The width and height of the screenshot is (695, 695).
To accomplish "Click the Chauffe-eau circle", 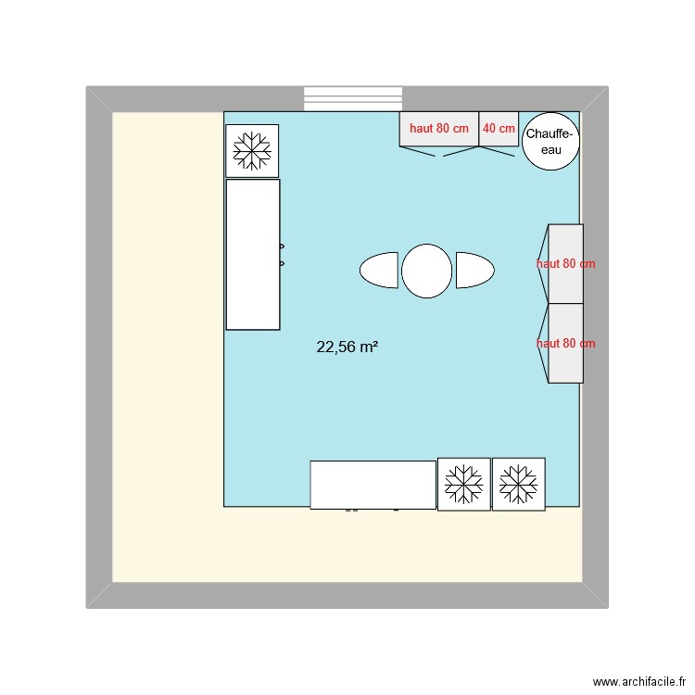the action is coord(550,142).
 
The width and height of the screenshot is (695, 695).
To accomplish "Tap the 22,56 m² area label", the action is coord(347,347).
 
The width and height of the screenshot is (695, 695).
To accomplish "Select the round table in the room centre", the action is coord(426,271).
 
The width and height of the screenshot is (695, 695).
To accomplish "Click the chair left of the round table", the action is coord(379,270).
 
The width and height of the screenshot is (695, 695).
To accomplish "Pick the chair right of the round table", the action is coord(474,270).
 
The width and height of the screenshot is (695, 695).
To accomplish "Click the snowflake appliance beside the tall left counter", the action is coord(252,151).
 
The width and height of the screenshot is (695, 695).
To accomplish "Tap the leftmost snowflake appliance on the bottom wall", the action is coord(464,484).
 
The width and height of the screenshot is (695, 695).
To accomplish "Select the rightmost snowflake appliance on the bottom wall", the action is coord(519,484).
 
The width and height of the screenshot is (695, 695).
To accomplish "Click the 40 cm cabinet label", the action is coord(499,129).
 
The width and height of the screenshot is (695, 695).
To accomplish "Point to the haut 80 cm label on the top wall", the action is coord(439,129).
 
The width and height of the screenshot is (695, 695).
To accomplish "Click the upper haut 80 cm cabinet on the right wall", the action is coord(565,264).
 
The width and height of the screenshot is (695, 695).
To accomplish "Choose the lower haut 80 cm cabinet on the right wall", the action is coord(565,343).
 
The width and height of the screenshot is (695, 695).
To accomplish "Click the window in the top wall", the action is coord(353,99).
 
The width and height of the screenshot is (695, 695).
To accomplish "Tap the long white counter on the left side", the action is coord(253,255).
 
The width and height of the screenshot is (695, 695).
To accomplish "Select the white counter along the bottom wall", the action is coord(373,485).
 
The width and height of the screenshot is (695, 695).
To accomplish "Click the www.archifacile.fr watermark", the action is coord(639,681).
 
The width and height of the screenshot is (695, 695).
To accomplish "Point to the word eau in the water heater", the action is coord(551,150).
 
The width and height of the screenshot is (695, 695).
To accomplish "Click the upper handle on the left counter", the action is coord(282,246).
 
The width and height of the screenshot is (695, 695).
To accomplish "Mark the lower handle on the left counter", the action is coord(282,264).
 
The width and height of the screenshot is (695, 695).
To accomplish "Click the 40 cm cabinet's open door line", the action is coord(497,151).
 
